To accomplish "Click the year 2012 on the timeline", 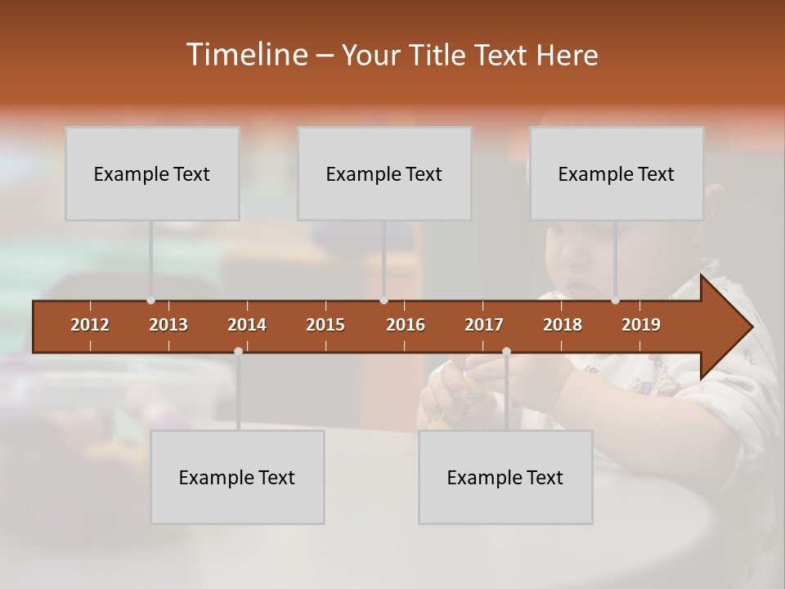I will pyautogui.click(x=90, y=325).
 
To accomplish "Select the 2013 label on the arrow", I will pyautogui.click(x=168, y=325).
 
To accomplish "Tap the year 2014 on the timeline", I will pyautogui.click(x=247, y=325).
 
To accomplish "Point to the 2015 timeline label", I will pyautogui.click(x=325, y=325).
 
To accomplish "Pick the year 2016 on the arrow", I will pyautogui.click(x=406, y=325).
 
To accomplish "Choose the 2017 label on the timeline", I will pyautogui.click(x=484, y=325).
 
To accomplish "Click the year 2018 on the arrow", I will pyautogui.click(x=563, y=325).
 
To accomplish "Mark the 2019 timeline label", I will pyautogui.click(x=641, y=325).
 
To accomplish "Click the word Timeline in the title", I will pyautogui.click(x=245, y=55).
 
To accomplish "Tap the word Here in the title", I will pyautogui.click(x=567, y=56).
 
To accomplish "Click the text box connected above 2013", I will pyautogui.click(x=152, y=173).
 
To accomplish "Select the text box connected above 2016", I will pyautogui.click(x=384, y=173).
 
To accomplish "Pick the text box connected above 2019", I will pyautogui.click(x=617, y=173).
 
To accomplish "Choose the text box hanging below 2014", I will pyautogui.click(x=237, y=477).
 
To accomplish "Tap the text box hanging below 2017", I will pyautogui.click(x=505, y=477).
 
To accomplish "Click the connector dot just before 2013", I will pyautogui.click(x=150, y=300).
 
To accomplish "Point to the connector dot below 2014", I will pyautogui.click(x=238, y=351).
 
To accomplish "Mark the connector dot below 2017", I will pyautogui.click(x=506, y=351).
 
